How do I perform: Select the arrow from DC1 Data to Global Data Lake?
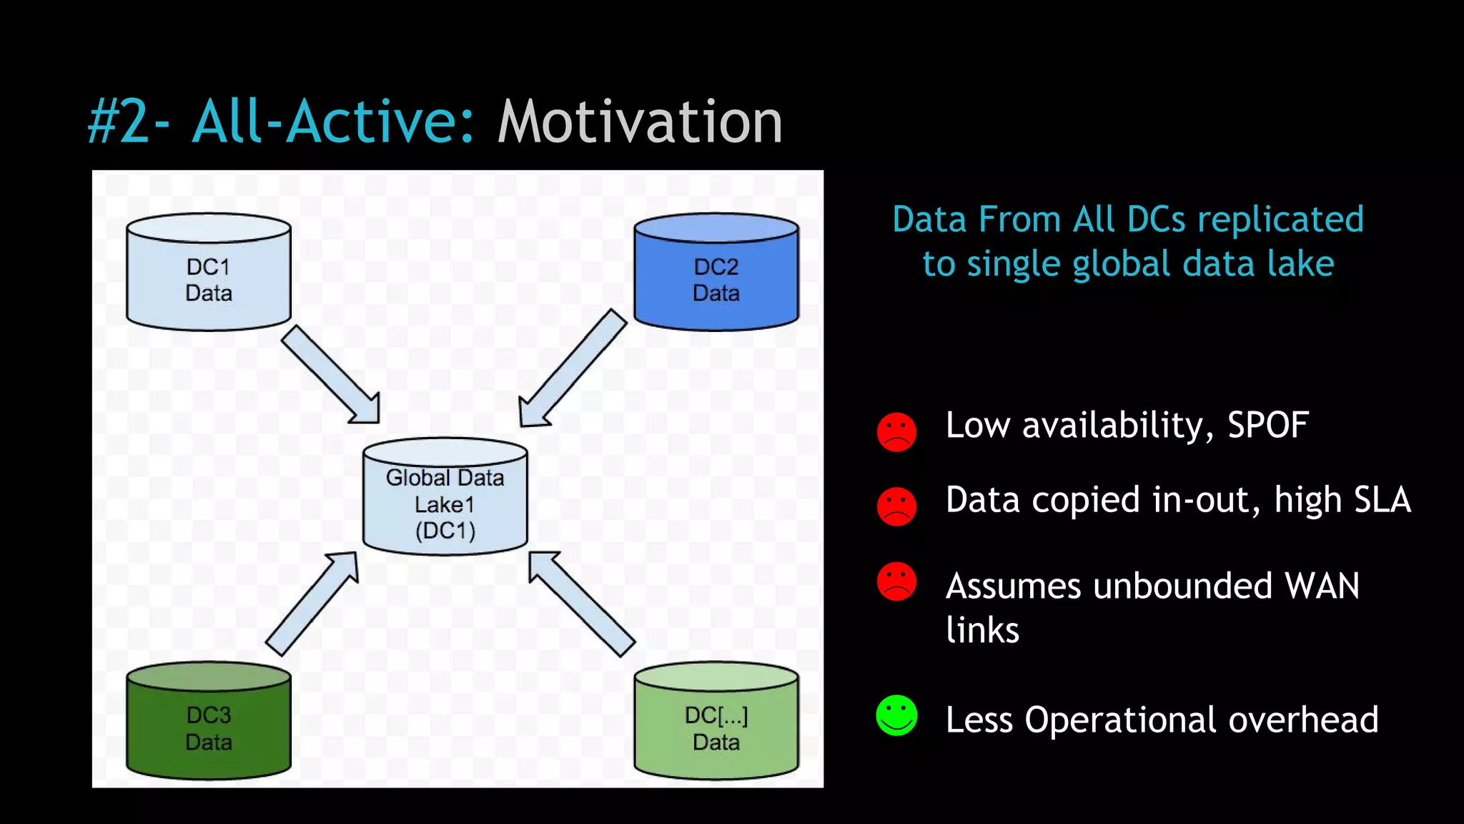(x=330, y=375)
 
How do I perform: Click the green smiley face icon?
(x=896, y=715)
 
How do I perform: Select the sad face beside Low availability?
(x=896, y=432)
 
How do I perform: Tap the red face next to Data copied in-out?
(x=896, y=506)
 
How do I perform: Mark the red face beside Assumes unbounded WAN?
(x=896, y=581)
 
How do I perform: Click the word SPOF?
(x=1267, y=425)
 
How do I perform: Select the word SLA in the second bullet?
(x=1382, y=499)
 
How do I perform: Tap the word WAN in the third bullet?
(x=1322, y=586)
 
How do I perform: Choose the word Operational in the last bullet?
(x=1119, y=720)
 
